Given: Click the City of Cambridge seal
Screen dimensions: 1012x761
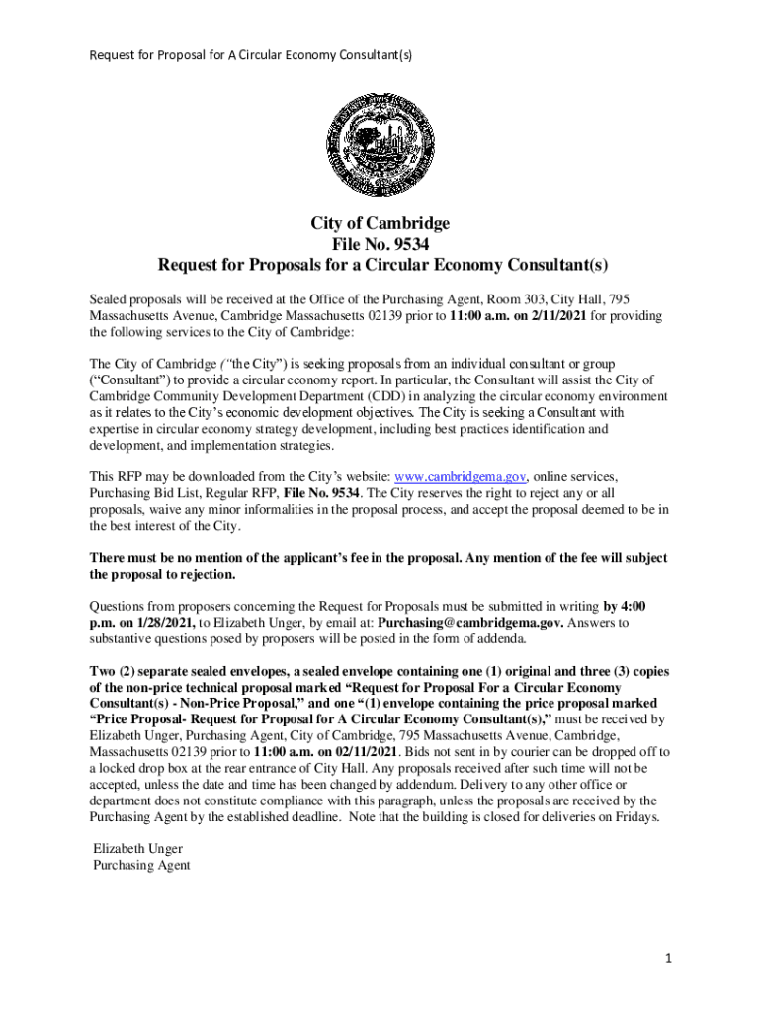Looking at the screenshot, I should pos(380,143).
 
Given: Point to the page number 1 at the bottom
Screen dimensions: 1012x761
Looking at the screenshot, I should pos(669,959).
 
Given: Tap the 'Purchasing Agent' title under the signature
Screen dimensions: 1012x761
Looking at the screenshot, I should pos(141,866).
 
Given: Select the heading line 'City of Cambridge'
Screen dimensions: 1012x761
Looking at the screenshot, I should pos(380,223).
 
